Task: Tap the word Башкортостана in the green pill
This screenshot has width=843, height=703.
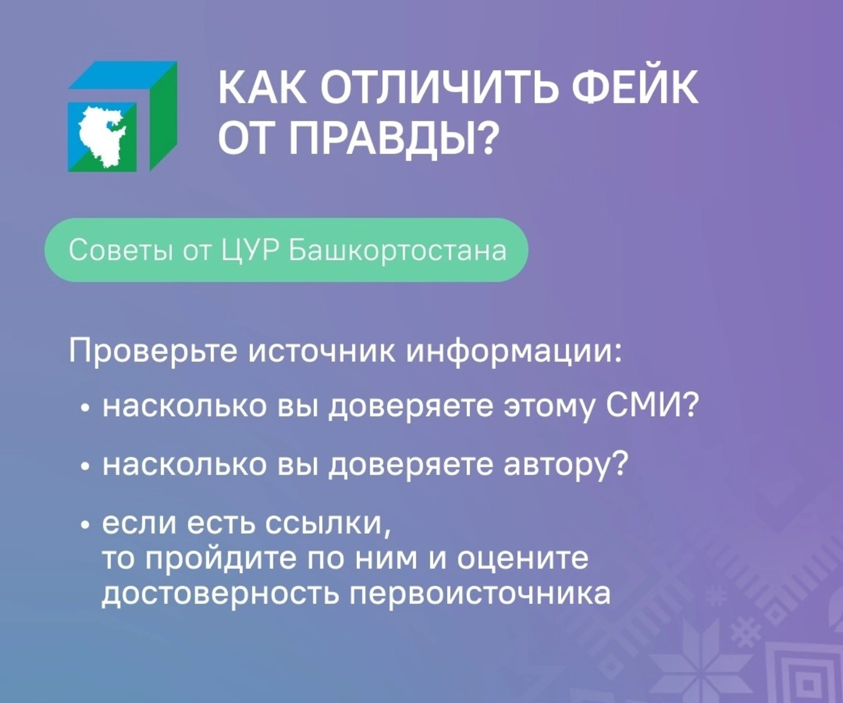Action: coord(398,251)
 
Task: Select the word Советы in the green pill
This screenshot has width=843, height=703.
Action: coord(121,251)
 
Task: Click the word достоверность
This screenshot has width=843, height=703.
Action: coord(221,594)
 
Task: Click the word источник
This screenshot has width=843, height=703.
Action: coord(322,352)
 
